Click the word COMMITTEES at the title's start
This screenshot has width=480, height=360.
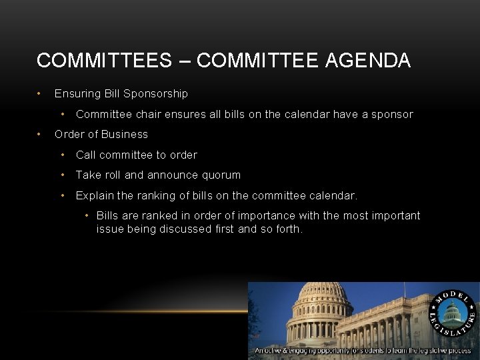(x=104, y=61)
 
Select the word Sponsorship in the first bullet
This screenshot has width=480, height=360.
(x=156, y=93)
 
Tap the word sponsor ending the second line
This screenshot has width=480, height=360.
(x=392, y=114)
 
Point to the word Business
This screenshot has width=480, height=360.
(x=125, y=134)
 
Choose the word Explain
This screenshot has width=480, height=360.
(x=95, y=196)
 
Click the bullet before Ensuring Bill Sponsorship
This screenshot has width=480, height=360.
(x=40, y=93)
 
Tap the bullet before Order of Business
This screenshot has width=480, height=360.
(x=40, y=134)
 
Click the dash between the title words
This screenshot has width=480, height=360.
(x=184, y=61)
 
